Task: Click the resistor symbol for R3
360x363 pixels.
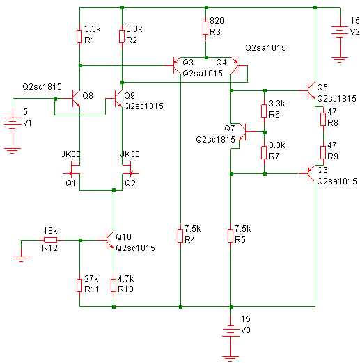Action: click(x=205, y=29)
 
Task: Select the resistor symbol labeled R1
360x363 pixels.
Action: click(x=79, y=36)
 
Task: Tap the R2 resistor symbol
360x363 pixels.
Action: click(x=122, y=36)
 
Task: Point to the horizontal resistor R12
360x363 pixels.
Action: click(x=50, y=240)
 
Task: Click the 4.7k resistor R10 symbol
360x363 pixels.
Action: click(x=114, y=285)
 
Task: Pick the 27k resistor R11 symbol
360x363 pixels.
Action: click(x=79, y=285)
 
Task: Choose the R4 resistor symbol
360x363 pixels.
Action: click(x=180, y=236)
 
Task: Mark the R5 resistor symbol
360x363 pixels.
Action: click(x=230, y=236)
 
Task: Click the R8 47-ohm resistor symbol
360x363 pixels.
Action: click(x=323, y=120)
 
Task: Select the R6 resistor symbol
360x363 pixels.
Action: click(x=264, y=111)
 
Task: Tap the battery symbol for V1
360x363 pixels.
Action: click(x=13, y=123)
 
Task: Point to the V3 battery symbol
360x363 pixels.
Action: click(x=230, y=332)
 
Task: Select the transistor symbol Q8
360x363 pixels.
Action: click(x=73, y=98)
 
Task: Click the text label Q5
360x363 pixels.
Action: click(x=322, y=88)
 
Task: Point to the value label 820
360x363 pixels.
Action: click(x=217, y=21)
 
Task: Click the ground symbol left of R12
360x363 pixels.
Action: click(x=21, y=259)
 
